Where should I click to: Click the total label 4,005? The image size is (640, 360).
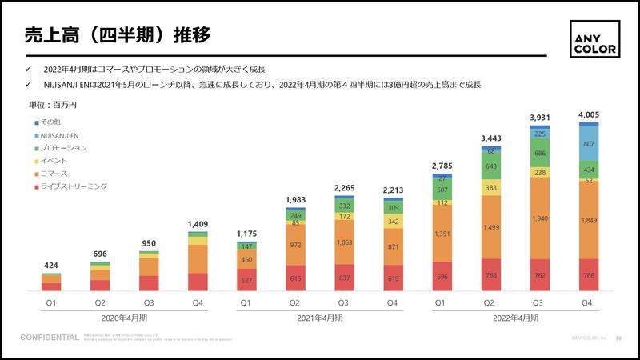pos(589,115)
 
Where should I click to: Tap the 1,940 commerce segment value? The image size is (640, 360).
pos(539,218)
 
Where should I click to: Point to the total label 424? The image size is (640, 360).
pos(51,265)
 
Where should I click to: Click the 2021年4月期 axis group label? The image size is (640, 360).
pos(321,318)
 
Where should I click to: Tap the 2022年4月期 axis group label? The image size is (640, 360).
pos(514,318)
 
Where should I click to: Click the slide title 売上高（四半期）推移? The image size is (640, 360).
pos(118,36)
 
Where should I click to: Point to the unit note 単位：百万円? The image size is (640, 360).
pos(53,105)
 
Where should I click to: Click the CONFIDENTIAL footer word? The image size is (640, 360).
pos(50,338)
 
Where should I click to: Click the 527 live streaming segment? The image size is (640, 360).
pos(246,280)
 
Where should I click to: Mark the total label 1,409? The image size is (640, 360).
pos(198,225)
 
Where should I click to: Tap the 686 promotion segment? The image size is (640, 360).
pos(539,153)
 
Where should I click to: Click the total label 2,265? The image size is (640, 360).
pos(344,189)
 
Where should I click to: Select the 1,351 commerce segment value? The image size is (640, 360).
pos(441,234)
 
